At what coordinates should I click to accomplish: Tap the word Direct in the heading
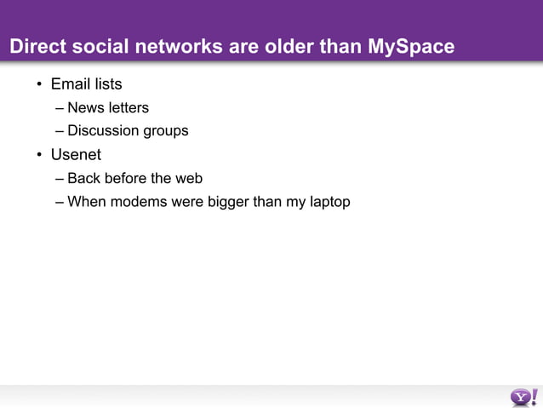click(34, 47)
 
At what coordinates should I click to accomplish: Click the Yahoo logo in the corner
click(523, 396)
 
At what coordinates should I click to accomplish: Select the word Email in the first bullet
click(69, 84)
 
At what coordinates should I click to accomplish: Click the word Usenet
click(76, 155)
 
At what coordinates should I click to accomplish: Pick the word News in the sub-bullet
click(85, 108)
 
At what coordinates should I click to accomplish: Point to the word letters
click(128, 108)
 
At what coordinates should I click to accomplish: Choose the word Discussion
click(104, 131)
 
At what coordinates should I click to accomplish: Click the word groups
click(166, 132)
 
